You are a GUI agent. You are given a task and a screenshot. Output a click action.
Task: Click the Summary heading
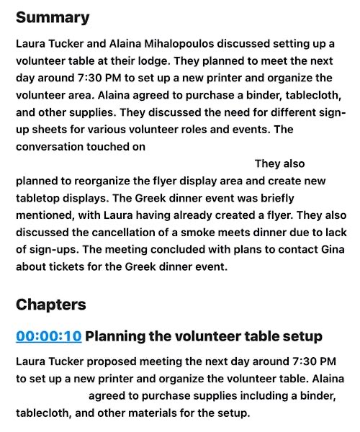point(53,17)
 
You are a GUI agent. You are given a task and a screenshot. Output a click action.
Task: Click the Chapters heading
point(50,305)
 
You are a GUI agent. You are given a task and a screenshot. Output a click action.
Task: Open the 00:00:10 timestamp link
point(48,336)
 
